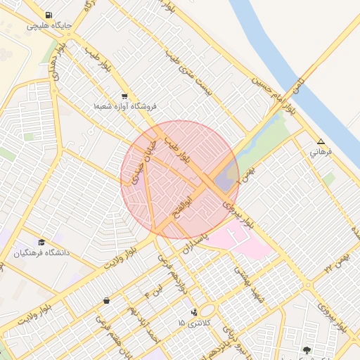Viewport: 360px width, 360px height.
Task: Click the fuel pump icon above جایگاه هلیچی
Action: pyautogui.click(x=47, y=15)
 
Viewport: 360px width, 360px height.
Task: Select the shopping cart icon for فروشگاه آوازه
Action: pyautogui.click(x=124, y=96)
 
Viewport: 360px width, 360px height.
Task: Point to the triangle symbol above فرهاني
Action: pyautogui.click(x=321, y=141)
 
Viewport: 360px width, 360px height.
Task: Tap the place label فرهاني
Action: pyautogui.click(x=324, y=151)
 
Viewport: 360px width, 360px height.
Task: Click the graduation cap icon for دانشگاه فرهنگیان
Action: pyautogui.click(x=41, y=242)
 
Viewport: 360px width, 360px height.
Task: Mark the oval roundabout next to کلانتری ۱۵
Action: pyautogui.click(x=207, y=311)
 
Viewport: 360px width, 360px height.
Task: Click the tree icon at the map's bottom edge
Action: pyautogui.click(x=306, y=349)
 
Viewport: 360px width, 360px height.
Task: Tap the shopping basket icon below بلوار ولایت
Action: pyautogui.click(x=106, y=300)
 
